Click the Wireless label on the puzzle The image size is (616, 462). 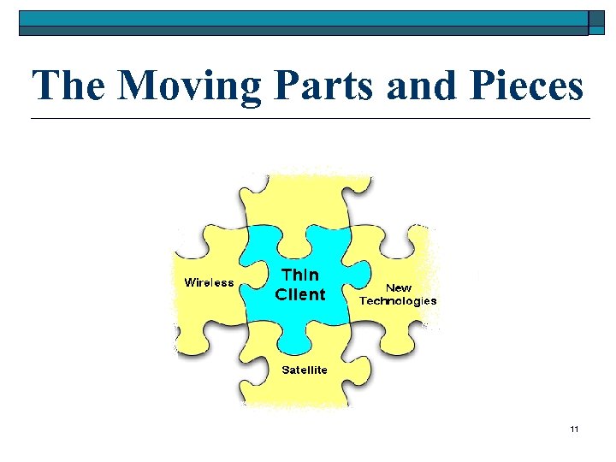[x=210, y=282]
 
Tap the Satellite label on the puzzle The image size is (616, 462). [x=305, y=370]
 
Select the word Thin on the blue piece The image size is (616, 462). [x=300, y=275]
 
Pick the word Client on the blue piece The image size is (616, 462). [x=300, y=294]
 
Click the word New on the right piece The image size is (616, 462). [x=399, y=288]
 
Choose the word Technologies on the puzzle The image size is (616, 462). [x=398, y=301]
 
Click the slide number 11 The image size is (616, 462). [x=574, y=428]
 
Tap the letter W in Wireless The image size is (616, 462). [x=191, y=282]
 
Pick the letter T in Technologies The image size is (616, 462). [x=363, y=301]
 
